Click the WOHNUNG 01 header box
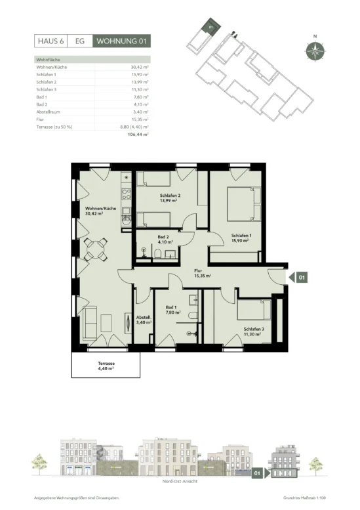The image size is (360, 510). [x=121, y=41]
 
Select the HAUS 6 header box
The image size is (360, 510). [x=50, y=41]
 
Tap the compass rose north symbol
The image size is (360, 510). [x=315, y=51]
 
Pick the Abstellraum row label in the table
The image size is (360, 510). [x=49, y=112]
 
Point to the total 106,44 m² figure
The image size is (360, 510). [x=138, y=134]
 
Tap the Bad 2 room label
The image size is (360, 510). [x=165, y=240]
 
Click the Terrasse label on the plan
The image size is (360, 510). [x=106, y=366]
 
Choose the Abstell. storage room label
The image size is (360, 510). [x=144, y=320]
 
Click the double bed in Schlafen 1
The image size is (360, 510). [x=244, y=204]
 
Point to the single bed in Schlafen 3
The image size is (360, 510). [x=254, y=310]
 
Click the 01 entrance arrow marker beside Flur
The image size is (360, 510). [x=298, y=278]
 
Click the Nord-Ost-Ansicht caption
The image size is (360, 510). [x=180, y=481]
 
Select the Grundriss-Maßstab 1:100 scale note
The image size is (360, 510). [x=304, y=498]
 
